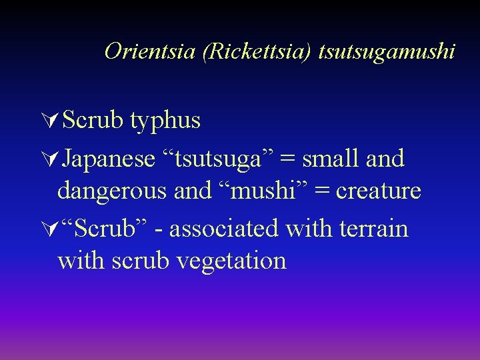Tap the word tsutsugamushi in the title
click(387, 51)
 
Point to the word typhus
click(165, 121)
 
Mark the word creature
click(379, 191)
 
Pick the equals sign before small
click(289, 160)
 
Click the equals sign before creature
click(323, 192)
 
